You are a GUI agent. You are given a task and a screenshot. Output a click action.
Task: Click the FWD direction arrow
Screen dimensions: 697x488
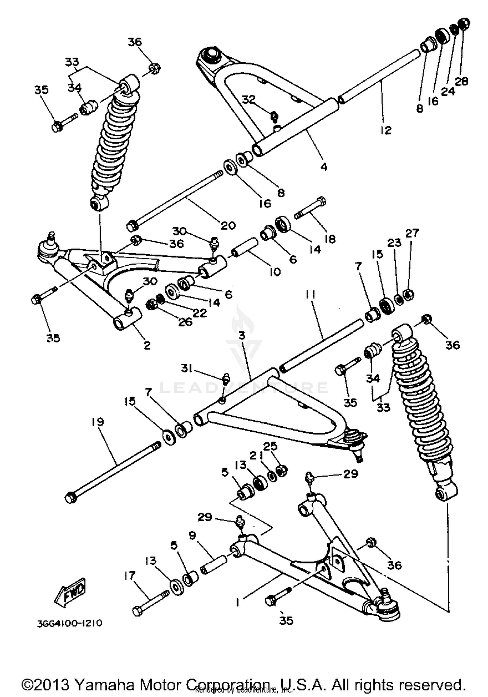tap(70, 590)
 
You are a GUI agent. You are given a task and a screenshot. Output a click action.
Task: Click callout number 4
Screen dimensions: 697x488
tap(323, 167)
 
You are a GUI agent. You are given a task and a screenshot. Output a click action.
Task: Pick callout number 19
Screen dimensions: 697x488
tap(98, 422)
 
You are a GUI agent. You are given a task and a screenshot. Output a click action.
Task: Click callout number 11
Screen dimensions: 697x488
tap(310, 295)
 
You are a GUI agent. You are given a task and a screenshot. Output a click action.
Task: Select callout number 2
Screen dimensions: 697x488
tap(147, 345)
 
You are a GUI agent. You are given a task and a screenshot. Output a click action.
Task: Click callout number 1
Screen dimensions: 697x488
tap(238, 602)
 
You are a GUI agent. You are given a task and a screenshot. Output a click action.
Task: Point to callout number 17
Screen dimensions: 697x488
tap(129, 576)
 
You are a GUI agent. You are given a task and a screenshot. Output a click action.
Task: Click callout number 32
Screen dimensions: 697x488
tap(249, 100)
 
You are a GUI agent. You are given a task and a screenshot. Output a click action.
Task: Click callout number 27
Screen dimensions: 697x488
tap(412, 233)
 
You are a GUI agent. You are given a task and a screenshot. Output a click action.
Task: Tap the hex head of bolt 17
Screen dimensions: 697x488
tap(137, 611)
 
